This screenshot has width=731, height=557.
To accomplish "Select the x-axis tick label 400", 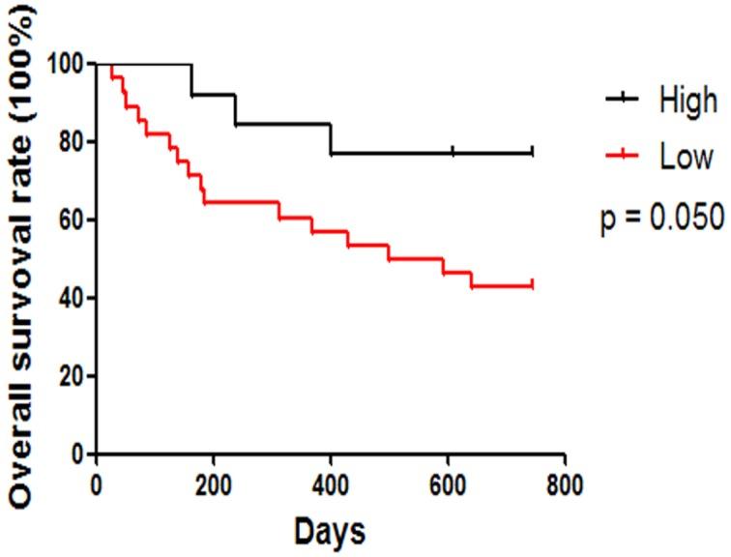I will pos(331,485).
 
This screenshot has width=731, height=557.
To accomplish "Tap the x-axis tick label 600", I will pos(448,485).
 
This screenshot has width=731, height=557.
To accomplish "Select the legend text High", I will pos(687,99).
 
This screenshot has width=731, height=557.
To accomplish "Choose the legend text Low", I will pos(686,157).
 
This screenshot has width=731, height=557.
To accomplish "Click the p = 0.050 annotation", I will pos(662,219).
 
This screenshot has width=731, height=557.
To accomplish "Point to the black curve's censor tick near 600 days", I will pos(453,152).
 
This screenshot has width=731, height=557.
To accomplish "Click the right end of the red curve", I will pos(533,285).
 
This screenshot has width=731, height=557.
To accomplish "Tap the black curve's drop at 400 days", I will pos(331,138).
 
